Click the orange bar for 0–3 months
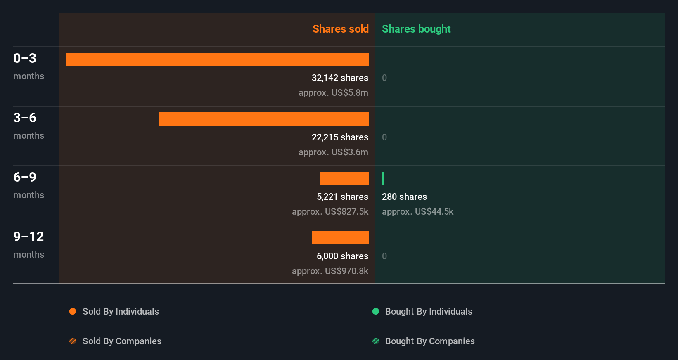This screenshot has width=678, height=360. (217, 59)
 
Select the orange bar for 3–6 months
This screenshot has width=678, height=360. (264, 119)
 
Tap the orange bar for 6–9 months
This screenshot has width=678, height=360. (344, 178)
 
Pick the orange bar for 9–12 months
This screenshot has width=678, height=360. (340, 238)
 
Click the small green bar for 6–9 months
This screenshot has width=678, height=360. (383, 178)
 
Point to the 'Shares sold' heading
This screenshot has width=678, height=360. (340, 29)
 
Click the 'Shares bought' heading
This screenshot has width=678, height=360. (416, 29)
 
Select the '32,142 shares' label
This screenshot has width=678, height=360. (340, 78)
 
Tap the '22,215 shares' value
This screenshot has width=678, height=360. (340, 137)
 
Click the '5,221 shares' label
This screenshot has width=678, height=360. (342, 197)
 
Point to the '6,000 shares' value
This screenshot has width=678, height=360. (342, 256)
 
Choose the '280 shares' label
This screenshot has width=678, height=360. (404, 197)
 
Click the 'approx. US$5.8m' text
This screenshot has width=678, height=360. (333, 92)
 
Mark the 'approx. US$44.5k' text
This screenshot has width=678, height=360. (417, 211)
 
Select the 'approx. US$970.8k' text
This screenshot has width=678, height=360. (330, 271)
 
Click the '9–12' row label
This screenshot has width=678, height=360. (28, 237)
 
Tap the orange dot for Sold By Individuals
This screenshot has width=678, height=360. (73, 311)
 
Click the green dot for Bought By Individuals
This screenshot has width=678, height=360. (376, 311)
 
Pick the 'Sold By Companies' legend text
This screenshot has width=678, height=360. (122, 341)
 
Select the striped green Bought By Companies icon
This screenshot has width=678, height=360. (376, 341)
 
